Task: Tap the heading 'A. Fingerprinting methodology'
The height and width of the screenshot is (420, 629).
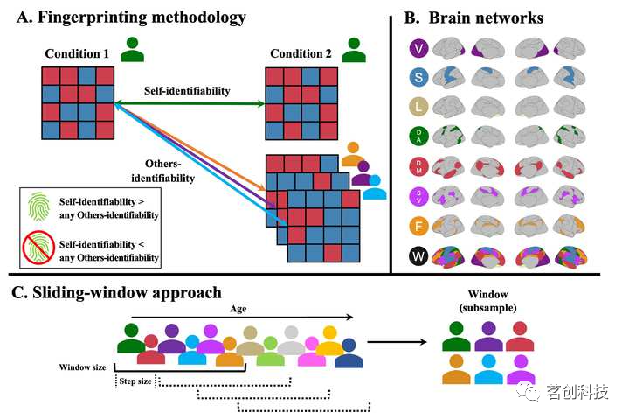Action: pos(128,17)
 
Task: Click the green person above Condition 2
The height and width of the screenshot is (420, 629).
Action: pos(354,50)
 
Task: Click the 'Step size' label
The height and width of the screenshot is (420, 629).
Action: pos(136,381)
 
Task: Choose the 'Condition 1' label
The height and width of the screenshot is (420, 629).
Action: pos(77,53)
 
